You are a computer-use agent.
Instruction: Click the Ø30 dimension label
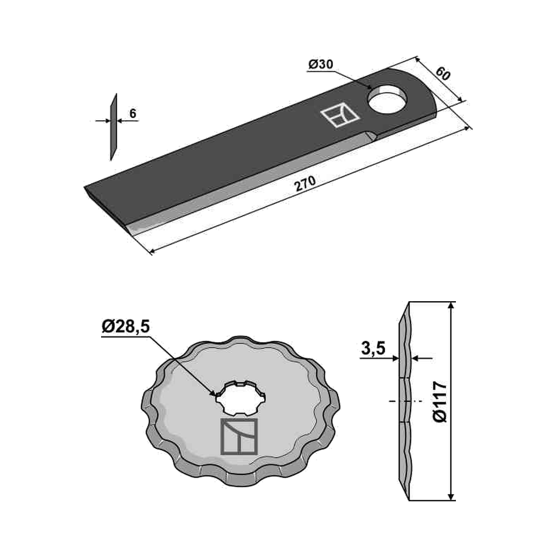click(321, 64)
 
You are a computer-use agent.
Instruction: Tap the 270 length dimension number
click(305, 183)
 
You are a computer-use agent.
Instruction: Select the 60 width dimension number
click(443, 74)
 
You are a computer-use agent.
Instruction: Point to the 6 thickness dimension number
click(133, 113)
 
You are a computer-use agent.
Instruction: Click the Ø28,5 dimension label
click(126, 326)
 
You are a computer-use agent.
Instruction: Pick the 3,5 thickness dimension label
click(373, 349)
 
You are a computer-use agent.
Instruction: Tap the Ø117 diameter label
click(440, 401)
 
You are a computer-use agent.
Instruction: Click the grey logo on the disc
click(239, 436)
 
